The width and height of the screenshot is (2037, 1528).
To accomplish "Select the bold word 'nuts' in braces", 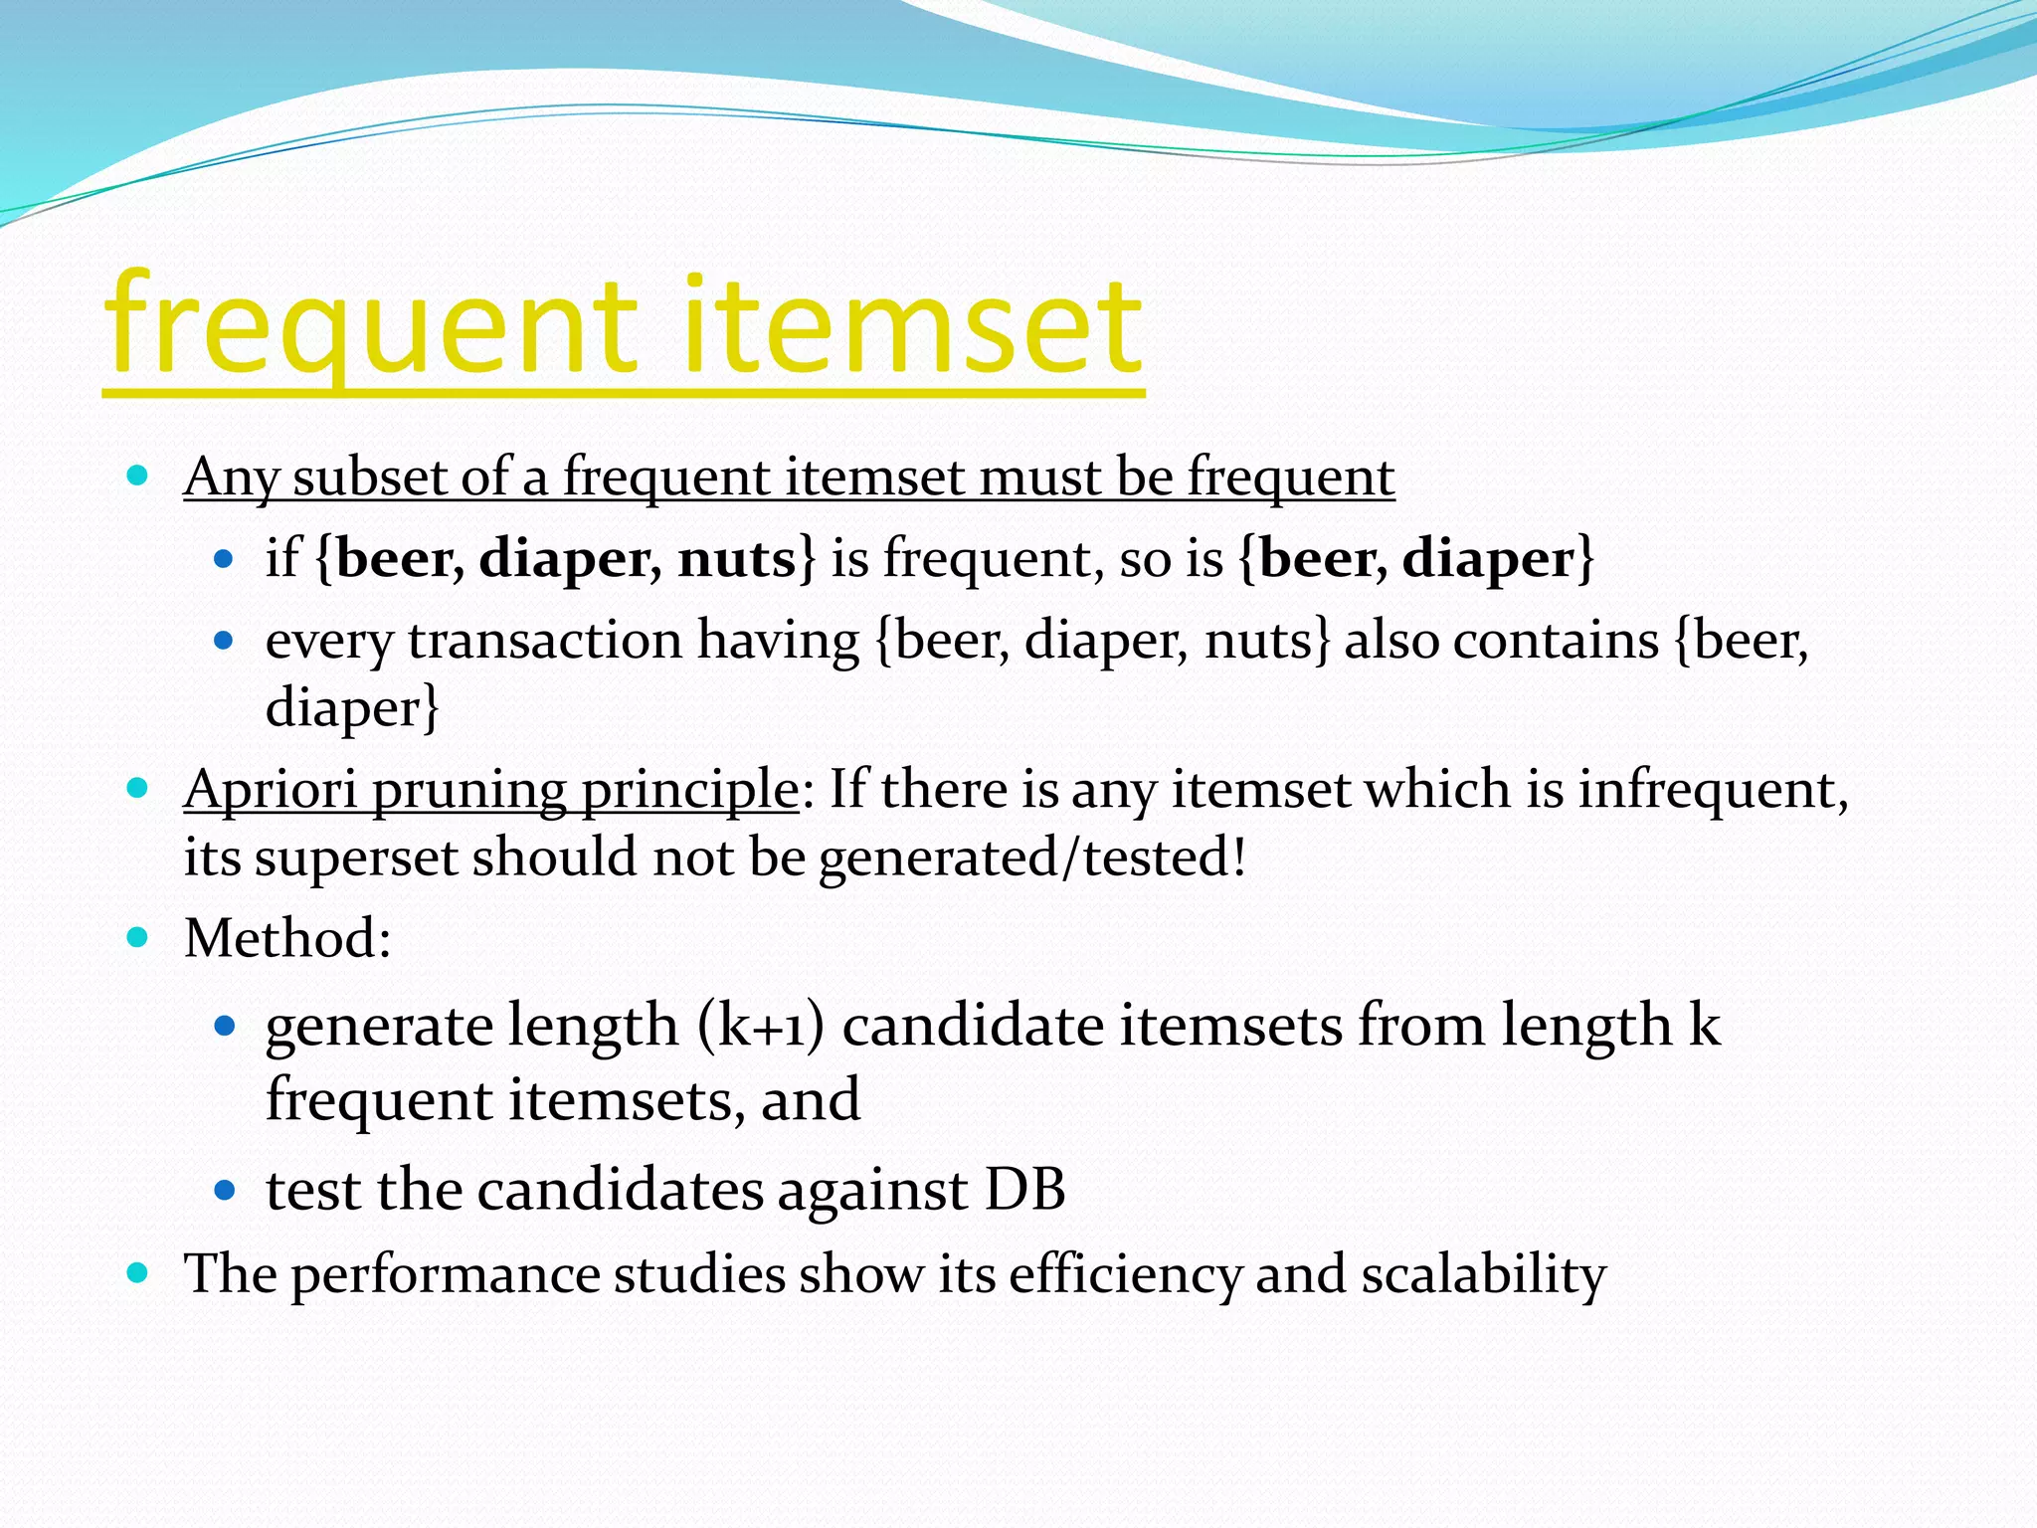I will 737,558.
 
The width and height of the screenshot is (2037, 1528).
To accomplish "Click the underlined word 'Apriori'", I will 270,790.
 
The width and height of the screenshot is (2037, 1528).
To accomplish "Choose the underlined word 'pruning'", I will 468,792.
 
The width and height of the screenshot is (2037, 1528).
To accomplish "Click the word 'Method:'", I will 287,938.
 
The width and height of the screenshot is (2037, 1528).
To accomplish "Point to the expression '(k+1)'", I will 761,1026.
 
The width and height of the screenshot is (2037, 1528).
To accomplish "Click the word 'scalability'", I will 1483,1274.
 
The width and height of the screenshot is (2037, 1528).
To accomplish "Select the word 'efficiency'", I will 1125,1274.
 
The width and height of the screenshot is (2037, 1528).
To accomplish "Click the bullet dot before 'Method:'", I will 138,937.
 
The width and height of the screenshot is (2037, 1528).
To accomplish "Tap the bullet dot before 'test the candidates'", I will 225,1189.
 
